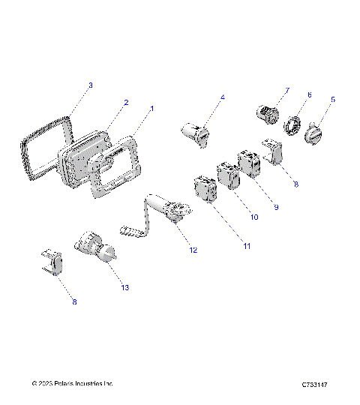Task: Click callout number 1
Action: click(151, 108)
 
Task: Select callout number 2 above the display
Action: click(126, 102)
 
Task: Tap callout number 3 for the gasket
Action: click(91, 85)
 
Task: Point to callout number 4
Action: click(222, 97)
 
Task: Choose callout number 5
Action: click(334, 98)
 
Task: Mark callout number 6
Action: click(308, 94)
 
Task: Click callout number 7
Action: click(286, 91)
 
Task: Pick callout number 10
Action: click(254, 217)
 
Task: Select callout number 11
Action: click(247, 245)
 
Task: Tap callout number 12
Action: click(193, 249)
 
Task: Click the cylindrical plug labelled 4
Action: click(196, 132)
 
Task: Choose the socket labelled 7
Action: click(265, 114)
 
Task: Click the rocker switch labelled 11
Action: click(205, 188)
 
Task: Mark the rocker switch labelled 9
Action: click(248, 164)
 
